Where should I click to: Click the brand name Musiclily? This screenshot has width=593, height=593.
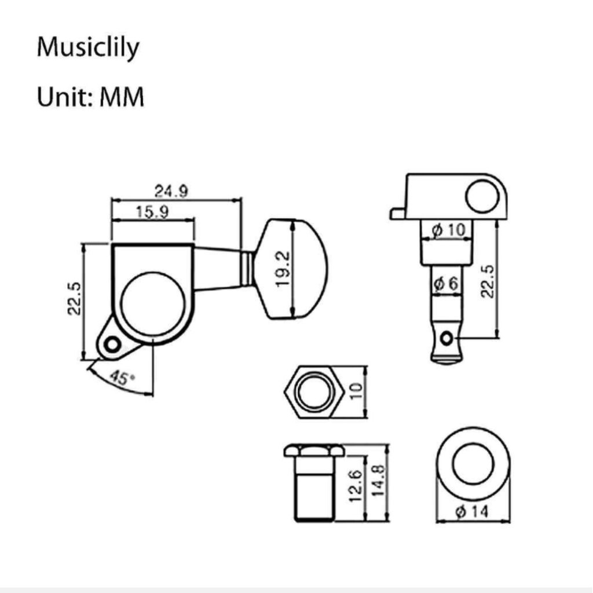coord(88,48)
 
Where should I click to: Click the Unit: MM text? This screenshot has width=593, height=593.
coord(90,97)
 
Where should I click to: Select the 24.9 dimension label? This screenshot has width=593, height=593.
coord(171,191)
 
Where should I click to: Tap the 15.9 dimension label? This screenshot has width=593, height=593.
coord(152,212)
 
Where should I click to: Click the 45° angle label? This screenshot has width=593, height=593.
coord(122,378)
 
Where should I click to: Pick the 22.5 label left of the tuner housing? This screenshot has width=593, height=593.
coord(74,298)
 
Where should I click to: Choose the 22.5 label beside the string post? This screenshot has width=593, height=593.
coord(488,281)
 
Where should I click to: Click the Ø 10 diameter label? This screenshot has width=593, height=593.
coord(449,230)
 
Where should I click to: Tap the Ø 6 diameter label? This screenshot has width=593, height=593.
coord(446,284)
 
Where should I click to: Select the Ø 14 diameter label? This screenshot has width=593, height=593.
coord(473,512)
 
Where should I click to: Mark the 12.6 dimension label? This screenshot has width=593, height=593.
coord(356,486)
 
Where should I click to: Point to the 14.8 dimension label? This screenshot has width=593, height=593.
coord(378,480)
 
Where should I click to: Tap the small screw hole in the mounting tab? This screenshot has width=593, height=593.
coord(112,345)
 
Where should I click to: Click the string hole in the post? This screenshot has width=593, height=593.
coord(446,338)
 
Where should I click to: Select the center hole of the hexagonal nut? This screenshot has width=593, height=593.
coord(314,392)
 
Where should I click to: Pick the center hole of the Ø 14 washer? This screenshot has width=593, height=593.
coord(473,464)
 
